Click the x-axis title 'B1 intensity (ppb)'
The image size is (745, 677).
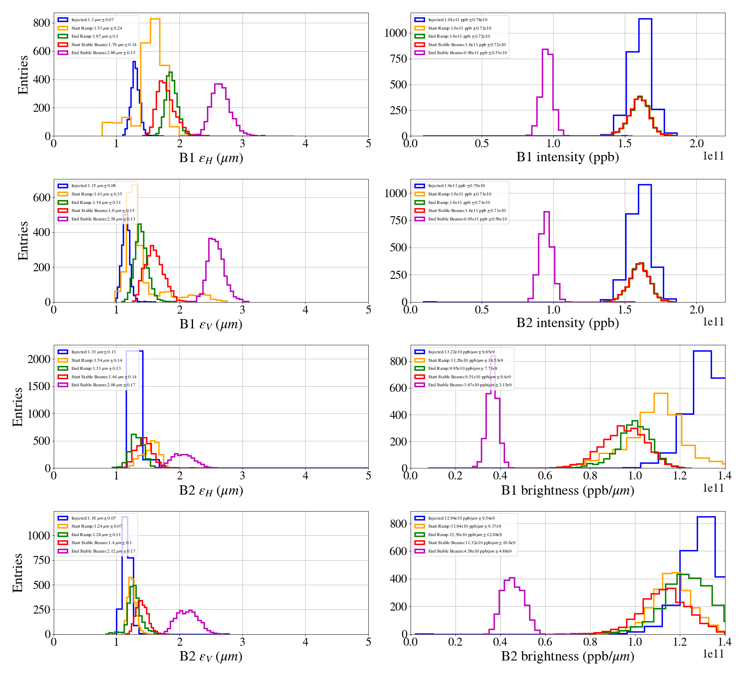coord(567,157)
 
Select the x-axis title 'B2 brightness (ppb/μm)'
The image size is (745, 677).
coord(567,656)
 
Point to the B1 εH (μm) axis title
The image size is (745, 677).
coord(211,158)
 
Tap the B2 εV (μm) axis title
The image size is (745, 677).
coord(211,656)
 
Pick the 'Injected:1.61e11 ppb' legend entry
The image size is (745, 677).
coord(457,20)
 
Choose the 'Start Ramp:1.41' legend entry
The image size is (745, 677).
coord(97,194)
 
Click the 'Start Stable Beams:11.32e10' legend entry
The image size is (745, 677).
coord(471,543)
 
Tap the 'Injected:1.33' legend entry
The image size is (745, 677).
coord(93,352)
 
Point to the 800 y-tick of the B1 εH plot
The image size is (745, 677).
coord(42,23)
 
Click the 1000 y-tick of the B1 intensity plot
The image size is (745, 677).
coord(395,33)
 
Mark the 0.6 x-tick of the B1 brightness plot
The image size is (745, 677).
coord(545,476)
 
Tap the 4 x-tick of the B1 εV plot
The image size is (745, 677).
coord(305,310)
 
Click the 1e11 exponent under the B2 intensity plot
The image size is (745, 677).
coord(713,322)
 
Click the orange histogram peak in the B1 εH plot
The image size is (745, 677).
coord(155,19)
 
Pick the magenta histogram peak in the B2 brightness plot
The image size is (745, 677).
coord(512,578)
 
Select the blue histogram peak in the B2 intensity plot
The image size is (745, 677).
coord(645,185)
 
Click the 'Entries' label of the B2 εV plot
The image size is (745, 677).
coord(18,572)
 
